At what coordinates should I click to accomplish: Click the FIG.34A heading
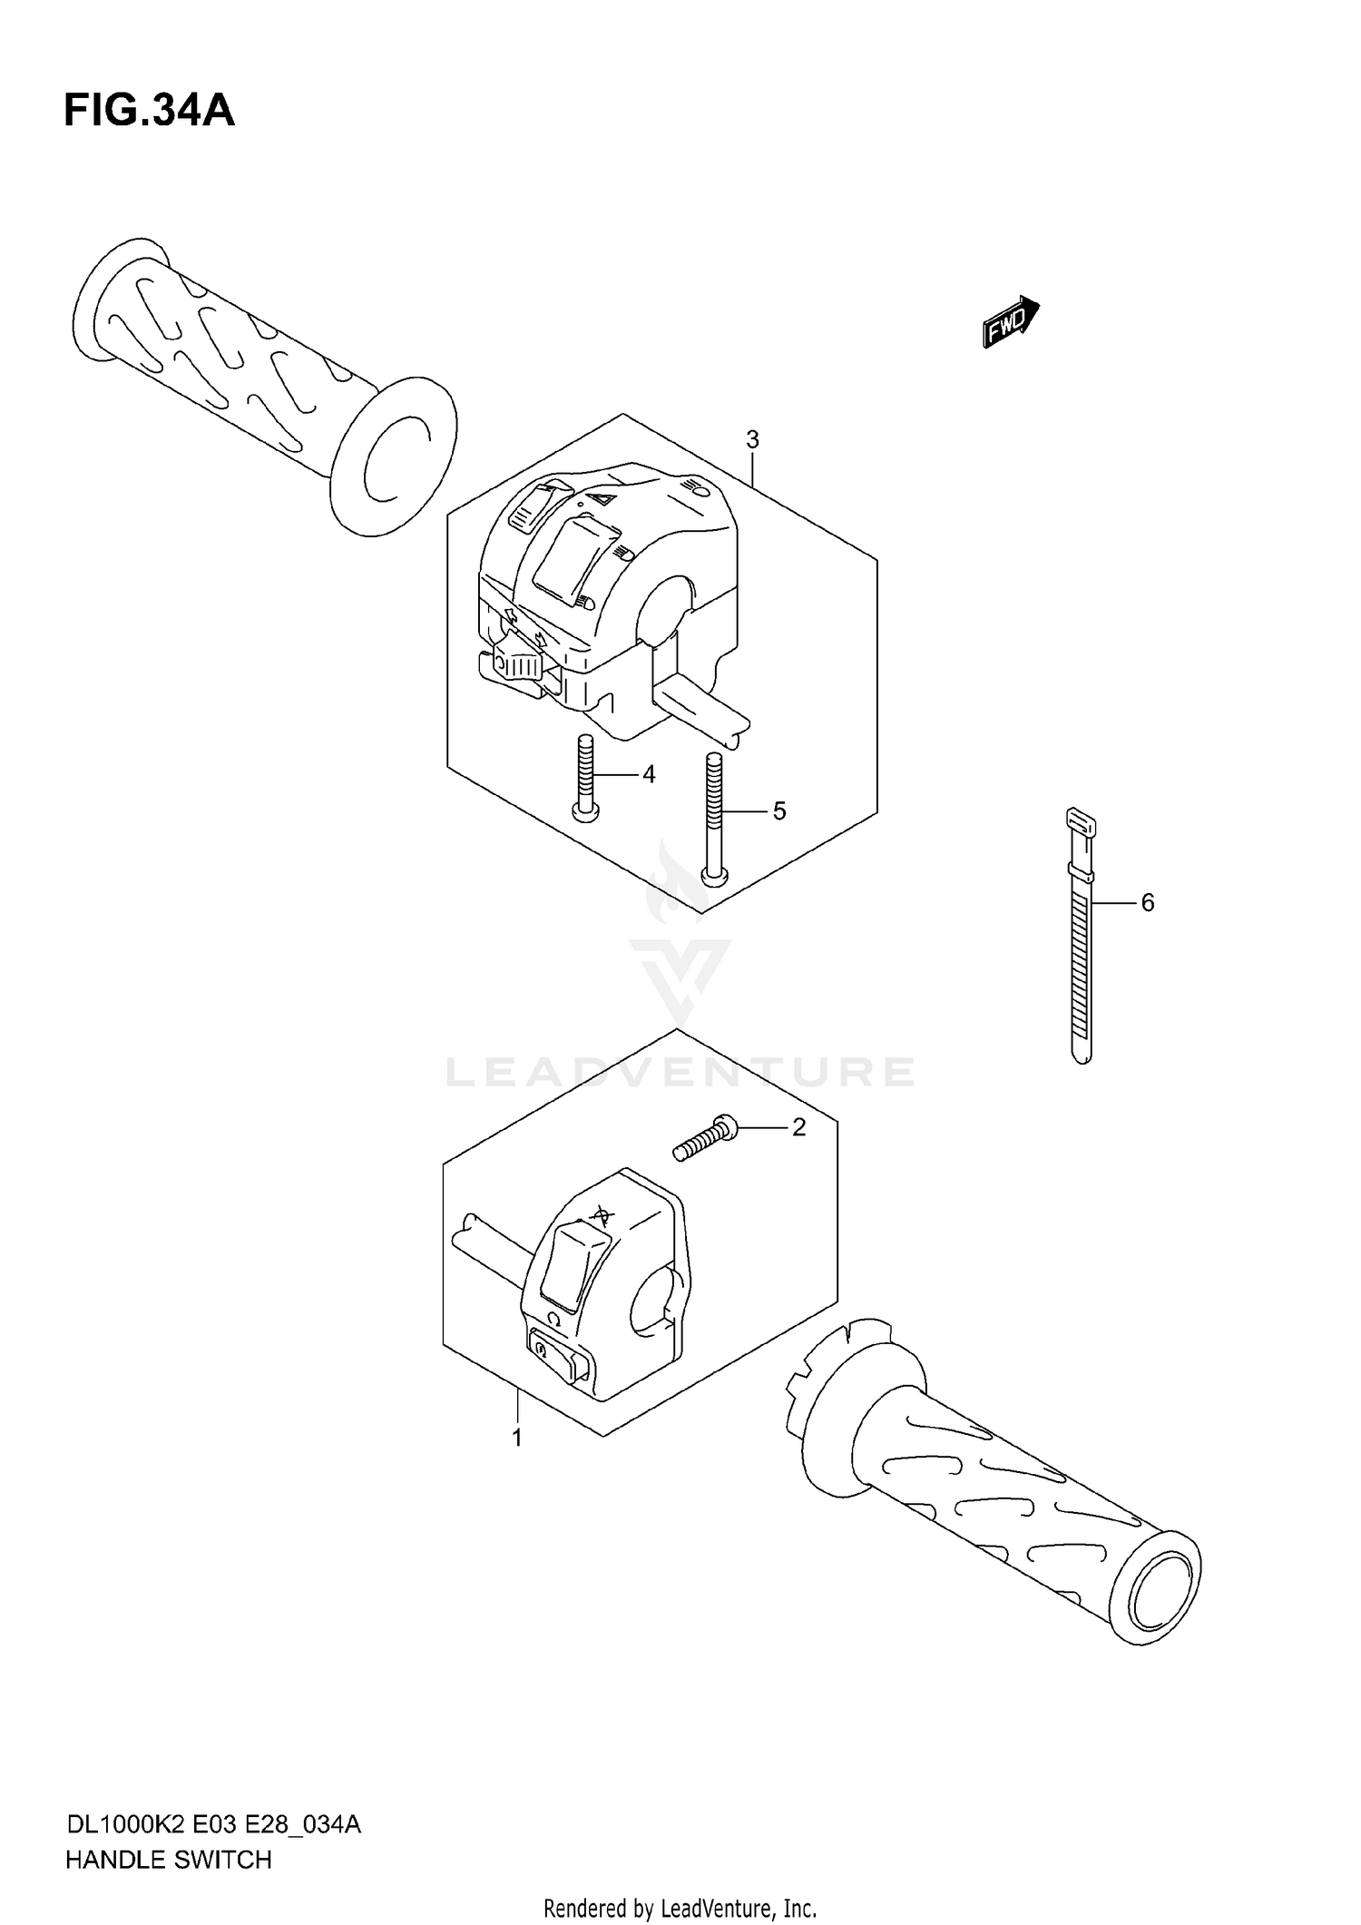point(149,111)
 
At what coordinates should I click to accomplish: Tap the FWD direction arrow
point(1010,322)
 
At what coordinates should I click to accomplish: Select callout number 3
point(752,440)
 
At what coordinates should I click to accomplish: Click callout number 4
point(648,774)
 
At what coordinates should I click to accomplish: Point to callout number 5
point(778,810)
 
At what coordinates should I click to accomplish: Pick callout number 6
point(1147,902)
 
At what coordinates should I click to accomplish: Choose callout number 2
point(798,1127)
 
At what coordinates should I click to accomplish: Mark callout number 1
point(517,1438)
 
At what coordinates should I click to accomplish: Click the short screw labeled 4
point(586,776)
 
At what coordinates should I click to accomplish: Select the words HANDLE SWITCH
point(168,1860)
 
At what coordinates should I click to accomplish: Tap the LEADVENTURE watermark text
point(680,1072)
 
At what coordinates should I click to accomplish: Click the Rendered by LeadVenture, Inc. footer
point(680,1908)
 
